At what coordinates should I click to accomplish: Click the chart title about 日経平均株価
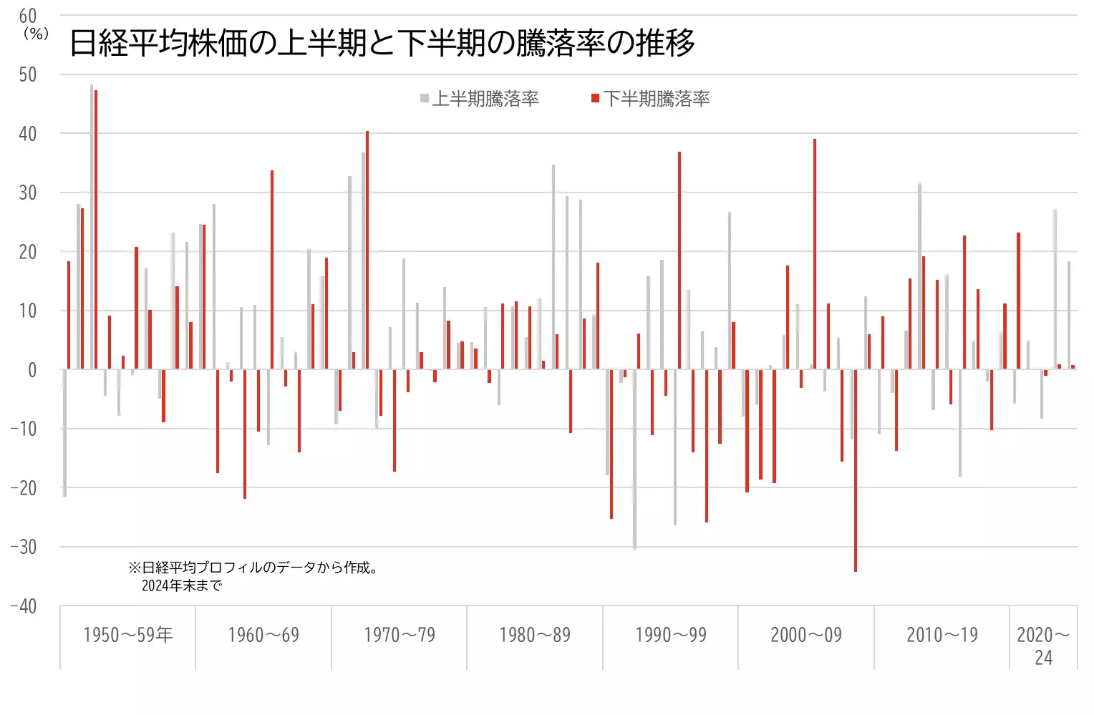point(382,43)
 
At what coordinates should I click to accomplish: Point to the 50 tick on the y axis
point(28,75)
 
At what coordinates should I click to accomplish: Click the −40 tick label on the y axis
point(24,606)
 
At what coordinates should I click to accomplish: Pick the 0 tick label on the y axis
point(32,370)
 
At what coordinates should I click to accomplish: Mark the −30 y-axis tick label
point(24,547)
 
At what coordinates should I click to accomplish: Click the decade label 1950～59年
point(128,635)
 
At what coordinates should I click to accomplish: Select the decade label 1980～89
point(535,635)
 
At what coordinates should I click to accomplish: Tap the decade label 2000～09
point(806,635)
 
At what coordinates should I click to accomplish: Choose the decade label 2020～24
point(1043,646)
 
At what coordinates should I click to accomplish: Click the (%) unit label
point(36,34)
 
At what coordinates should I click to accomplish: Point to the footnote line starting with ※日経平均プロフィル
point(253,568)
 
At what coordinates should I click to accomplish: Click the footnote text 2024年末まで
point(182,585)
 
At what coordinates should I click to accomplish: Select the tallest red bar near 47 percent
point(96,229)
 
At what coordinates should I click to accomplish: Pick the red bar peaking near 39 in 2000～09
point(815,254)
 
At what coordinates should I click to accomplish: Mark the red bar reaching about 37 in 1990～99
point(679,261)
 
